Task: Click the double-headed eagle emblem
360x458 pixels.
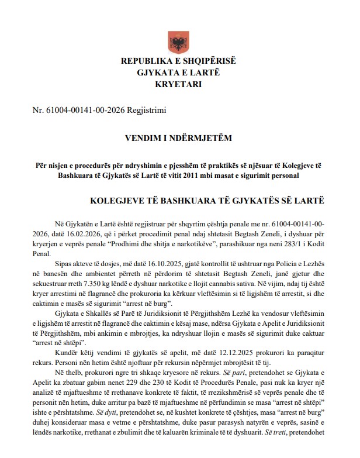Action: [x=179, y=40]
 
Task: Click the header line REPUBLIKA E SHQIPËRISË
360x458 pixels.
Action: [x=179, y=61]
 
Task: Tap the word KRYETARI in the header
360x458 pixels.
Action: [x=179, y=84]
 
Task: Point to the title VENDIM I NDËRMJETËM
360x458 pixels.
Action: [x=179, y=139]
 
